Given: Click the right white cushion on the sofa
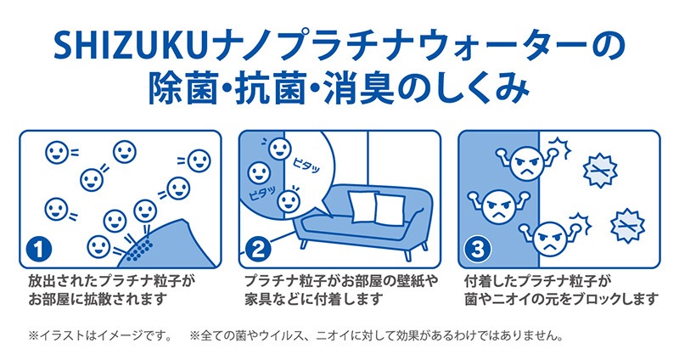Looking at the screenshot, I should point(391,206).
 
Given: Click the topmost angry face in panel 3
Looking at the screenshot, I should point(526,161).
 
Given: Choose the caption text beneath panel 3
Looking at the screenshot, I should point(560,289).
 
